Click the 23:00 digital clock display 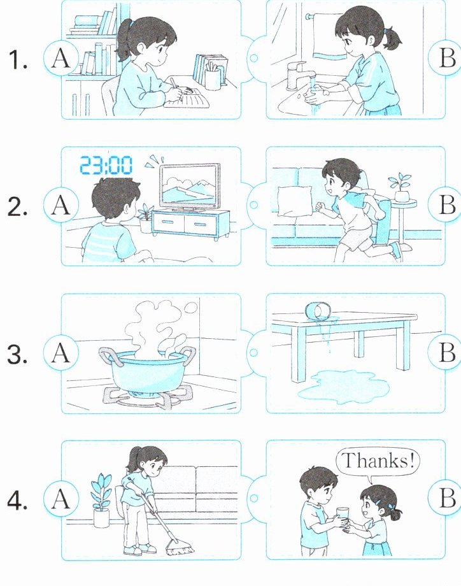pyautogui.click(x=106, y=166)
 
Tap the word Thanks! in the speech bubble pyautogui.click(x=378, y=460)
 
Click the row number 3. pyautogui.click(x=17, y=354)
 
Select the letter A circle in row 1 pyautogui.click(x=61, y=59)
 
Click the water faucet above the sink pyautogui.click(x=297, y=75)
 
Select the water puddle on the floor pyautogui.click(x=343, y=387)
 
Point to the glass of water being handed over pyautogui.click(x=342, y=517)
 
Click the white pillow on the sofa pyautogui.click(x=295, y=201)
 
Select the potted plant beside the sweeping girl pyautogui.click(x=101, y=500)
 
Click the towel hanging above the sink pyautogui.click(x=328, y=36)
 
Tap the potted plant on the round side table pyautogui.click(x=401, y=187)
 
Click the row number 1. pyautogui.click(x=18, y=60)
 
